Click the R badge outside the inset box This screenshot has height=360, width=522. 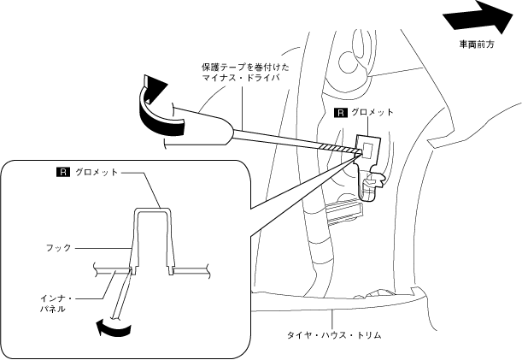pyautogui.click(x=339, y=112)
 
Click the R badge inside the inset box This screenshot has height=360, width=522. pyautogui.click(x=62, y=172)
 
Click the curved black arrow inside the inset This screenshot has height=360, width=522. pyautogui.click(x=111, y=326)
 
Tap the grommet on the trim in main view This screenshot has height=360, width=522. pyautogui.click(x=367, y=145)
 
